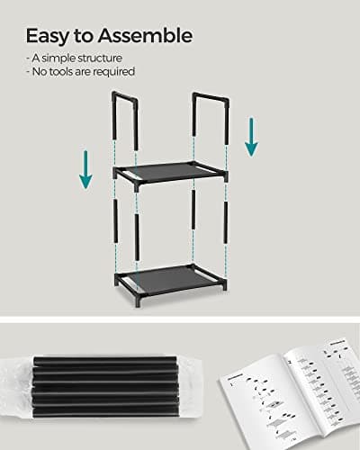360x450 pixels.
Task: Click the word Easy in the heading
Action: pos(48,36)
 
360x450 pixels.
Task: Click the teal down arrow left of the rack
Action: pos(85,169)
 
